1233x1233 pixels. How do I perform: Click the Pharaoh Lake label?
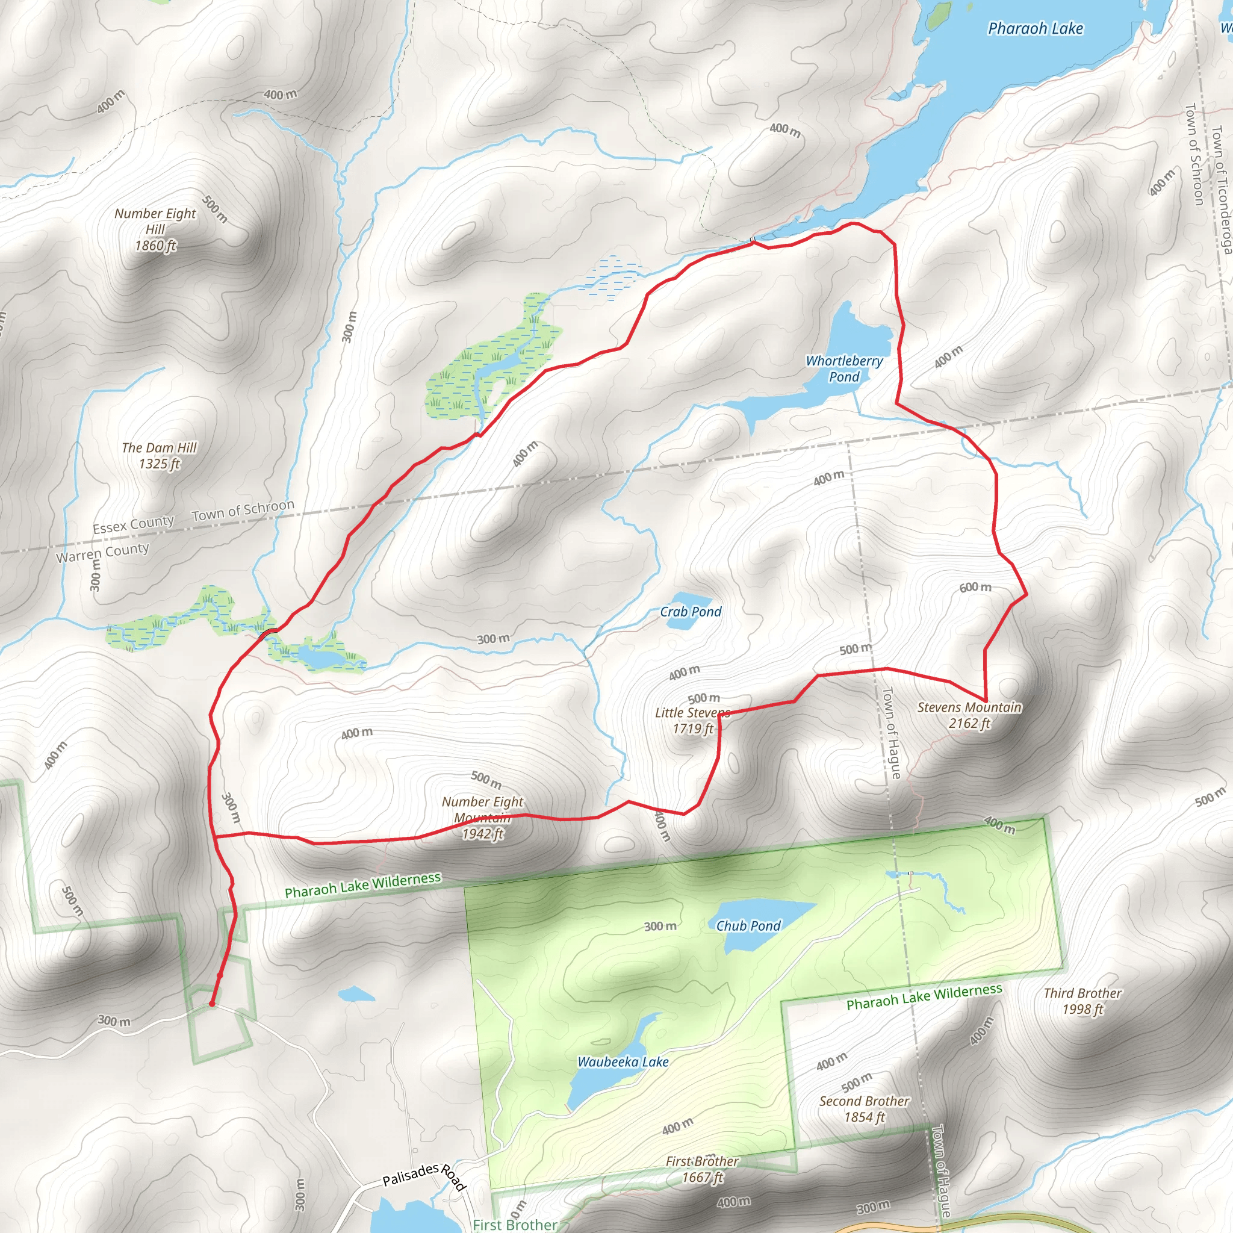pos(1035,29)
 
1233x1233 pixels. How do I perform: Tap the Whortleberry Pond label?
pos(843,369)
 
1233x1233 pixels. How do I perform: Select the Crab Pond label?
pos(691,612)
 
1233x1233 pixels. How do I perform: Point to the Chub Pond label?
pos(748,925)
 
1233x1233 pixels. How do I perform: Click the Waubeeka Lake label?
pos(623,1062)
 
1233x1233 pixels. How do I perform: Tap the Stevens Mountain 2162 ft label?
pos(969,715)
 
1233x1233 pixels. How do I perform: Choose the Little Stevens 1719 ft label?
pos(693,721)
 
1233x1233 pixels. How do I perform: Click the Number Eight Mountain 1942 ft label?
pos(482,818)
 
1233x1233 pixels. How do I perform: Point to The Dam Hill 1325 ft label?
pos(159,456)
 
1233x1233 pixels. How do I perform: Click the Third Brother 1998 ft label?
pos(1082,1001)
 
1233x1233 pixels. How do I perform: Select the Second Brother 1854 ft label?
pos(864,1108)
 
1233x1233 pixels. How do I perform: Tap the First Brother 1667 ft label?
pos(702,1169)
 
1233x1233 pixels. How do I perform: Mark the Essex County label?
pos(132,524)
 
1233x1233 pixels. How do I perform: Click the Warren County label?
pos(102,553)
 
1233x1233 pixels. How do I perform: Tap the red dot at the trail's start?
pos(212,1004)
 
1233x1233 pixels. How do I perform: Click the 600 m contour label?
pos(975,587)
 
